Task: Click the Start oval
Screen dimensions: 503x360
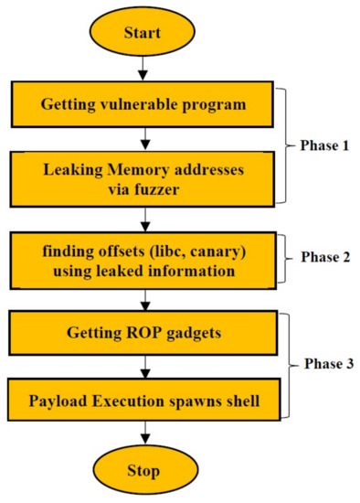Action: [144, 33]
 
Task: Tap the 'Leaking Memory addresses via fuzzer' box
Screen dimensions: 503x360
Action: [144, 178]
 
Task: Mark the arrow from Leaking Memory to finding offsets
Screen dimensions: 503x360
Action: [144, 219]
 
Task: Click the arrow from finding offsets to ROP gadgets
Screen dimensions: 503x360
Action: [144, 300]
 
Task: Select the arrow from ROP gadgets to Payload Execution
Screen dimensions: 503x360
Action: [144, 369]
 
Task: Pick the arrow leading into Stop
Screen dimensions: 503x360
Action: [144, 436]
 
